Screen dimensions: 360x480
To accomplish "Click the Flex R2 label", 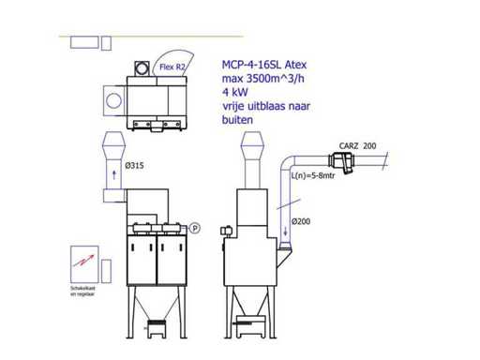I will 172,67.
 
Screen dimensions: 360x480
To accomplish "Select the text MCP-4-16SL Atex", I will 265,65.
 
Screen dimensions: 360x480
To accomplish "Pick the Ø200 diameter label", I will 301,220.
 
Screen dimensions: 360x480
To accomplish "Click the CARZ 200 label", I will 356,146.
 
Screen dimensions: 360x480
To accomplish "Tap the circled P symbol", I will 195,227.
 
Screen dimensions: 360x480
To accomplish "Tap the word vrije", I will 234,107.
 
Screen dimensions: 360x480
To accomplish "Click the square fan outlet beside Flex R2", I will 142,67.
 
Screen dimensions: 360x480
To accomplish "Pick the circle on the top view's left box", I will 112,99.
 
